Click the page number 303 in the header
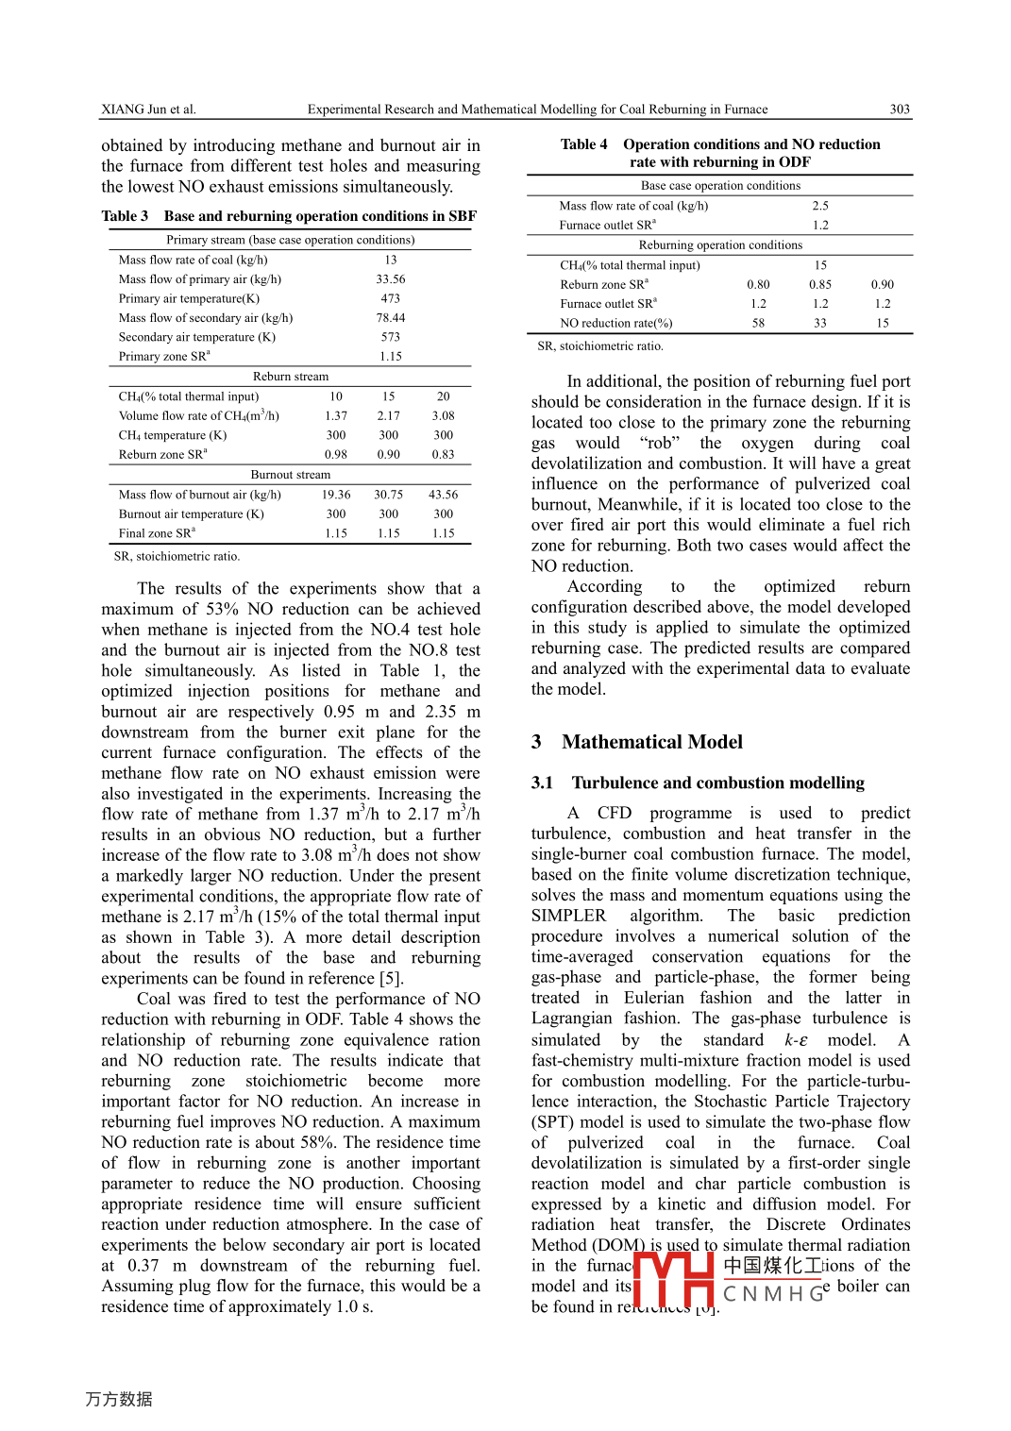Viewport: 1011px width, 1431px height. point(900,109)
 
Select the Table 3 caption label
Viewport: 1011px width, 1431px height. point(125,216)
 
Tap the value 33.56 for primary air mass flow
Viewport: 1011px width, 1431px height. point(390,279)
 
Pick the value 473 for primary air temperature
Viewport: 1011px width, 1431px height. point(390,298)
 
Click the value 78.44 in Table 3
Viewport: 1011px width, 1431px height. point(390,318)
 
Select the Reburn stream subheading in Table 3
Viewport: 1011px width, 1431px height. point(291,377)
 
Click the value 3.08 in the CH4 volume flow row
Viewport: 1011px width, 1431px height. point(443,415)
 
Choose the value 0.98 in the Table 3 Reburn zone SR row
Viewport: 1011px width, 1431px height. point(336,454)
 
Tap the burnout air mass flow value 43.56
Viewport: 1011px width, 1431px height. point(443,495)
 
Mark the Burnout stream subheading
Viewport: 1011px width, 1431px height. point(291,475)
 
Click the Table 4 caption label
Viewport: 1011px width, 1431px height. point(583,144)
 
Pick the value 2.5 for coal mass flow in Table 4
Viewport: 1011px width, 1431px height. point(820,206)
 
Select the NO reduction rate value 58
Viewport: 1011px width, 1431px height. point(758,323)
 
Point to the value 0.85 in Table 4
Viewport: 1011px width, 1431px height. point(820,284)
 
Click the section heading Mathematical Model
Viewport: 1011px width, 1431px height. point(652,742)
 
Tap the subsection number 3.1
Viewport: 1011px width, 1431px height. point(542,783)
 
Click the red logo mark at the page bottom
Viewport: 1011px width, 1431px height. point(673,1278)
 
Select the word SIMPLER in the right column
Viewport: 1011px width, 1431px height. point(568,916)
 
